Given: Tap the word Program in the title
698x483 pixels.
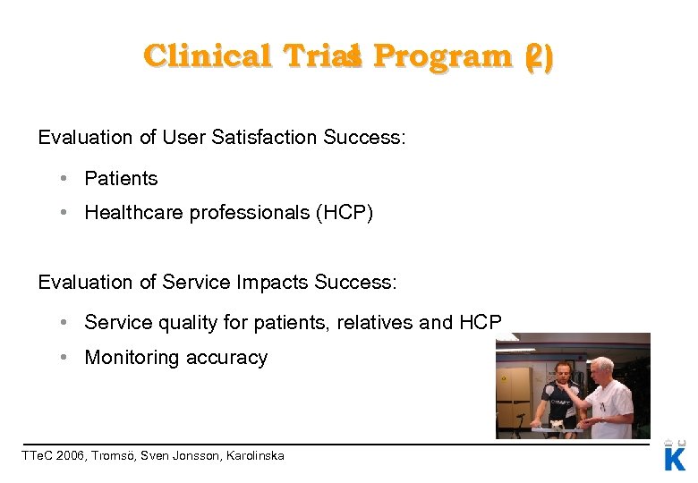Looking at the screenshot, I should click(x=442, y=56).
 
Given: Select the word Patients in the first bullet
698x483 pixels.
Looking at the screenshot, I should click(x=121, y=179).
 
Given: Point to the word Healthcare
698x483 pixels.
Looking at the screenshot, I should click(x=134, y=213).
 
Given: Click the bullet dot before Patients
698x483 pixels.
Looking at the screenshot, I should click(x=66, y=179).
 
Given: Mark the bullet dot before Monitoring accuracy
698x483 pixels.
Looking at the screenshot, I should click(x=66, y=358).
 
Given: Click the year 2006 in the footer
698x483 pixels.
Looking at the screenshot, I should click(x=72, y=456).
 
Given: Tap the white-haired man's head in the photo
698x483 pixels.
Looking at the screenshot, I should click(x=601, y=369).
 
